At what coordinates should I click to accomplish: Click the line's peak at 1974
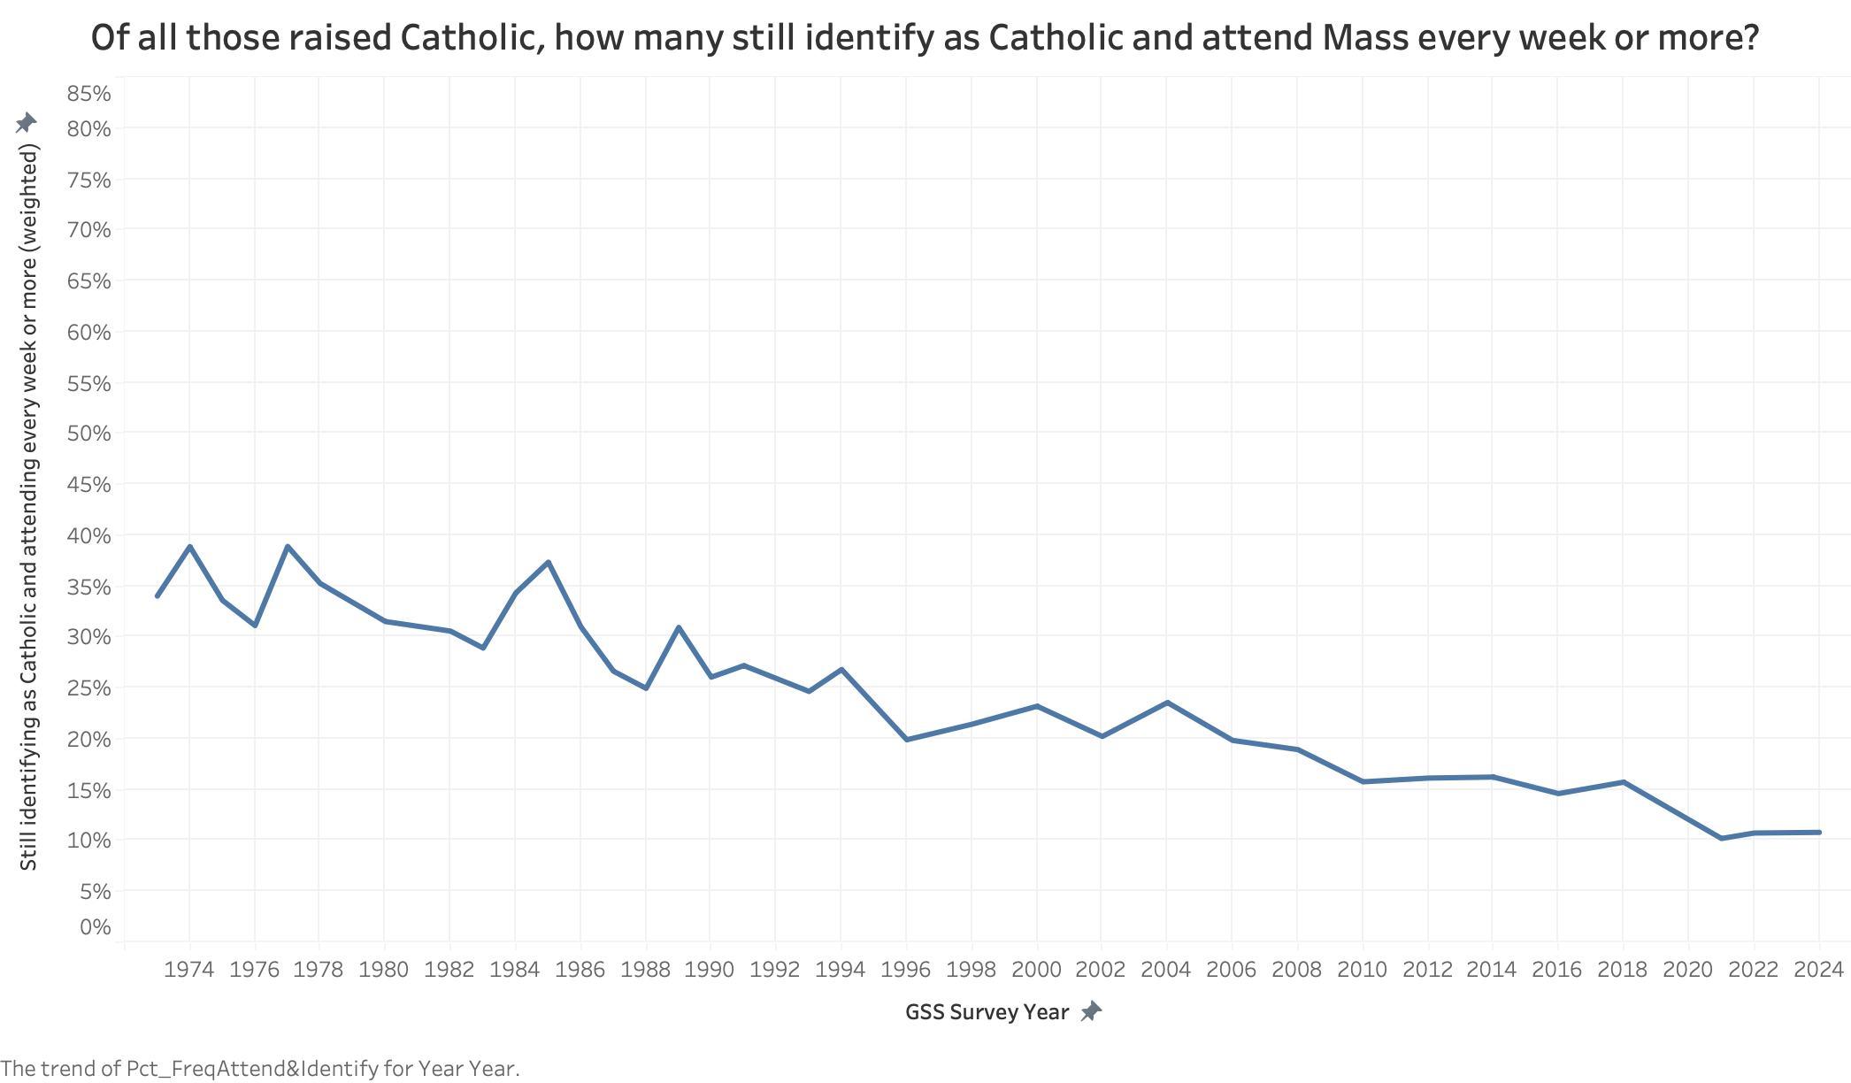click(189, 547)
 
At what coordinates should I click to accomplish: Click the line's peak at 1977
click(288, 547)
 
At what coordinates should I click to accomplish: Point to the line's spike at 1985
click(549, 562)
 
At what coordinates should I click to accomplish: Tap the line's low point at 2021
click(1721, 838)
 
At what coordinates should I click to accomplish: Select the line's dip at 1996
click(907, 739)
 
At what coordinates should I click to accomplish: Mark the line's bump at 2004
click(1167, 703)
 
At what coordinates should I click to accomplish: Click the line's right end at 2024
click(1818, 833)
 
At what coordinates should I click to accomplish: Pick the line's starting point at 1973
click(157, 595)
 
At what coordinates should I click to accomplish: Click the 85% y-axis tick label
click(88, 94)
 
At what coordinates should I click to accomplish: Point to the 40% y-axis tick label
click(88, 536)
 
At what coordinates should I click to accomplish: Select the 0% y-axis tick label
click(95, 927)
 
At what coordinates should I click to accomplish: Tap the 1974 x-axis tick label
click(189, 970)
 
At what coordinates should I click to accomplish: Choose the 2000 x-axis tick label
click(1036, 970)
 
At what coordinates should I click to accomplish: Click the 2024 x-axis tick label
click(1818, 970)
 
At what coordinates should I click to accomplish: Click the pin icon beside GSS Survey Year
click(1092, 1011)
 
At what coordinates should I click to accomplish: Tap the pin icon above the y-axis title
click(27, 123)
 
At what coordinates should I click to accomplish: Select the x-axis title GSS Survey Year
click(987, 1012)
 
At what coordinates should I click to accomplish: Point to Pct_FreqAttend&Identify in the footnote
click(252, 1069)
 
